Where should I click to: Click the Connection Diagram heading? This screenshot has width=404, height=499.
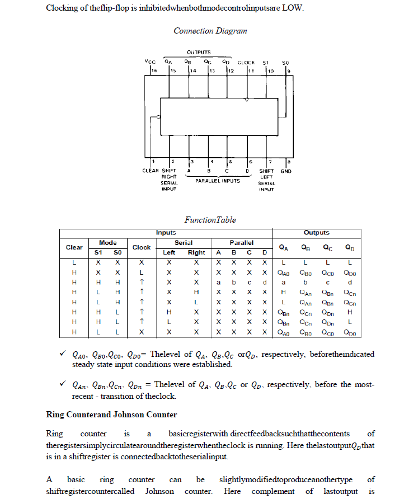[x=210, y=31]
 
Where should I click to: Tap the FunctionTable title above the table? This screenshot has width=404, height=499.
[x=210, y=220]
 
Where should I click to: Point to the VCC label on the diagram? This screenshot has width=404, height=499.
[x=150, y=62]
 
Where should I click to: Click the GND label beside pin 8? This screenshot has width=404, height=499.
[x=285, y=171]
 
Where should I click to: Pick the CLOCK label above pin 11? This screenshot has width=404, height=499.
[x=246, y=62]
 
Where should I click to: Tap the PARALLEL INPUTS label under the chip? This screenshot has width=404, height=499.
[x=217, y=181]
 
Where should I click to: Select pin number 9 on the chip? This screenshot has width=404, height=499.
[x=288, y=71]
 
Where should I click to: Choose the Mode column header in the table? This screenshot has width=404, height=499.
[x=108, y=243]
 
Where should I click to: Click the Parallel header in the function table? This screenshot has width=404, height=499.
[x=241, y=243]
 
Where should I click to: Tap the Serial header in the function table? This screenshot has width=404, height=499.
[x=184, y=243]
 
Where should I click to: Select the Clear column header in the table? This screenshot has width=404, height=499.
[x=74, y=247]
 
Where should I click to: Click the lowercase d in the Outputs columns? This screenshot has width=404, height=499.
[x=349, y=283]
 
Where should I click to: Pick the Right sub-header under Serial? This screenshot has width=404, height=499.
[x=196, y=253]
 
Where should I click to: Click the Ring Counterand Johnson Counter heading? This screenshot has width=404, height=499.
[x=111, y=415]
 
